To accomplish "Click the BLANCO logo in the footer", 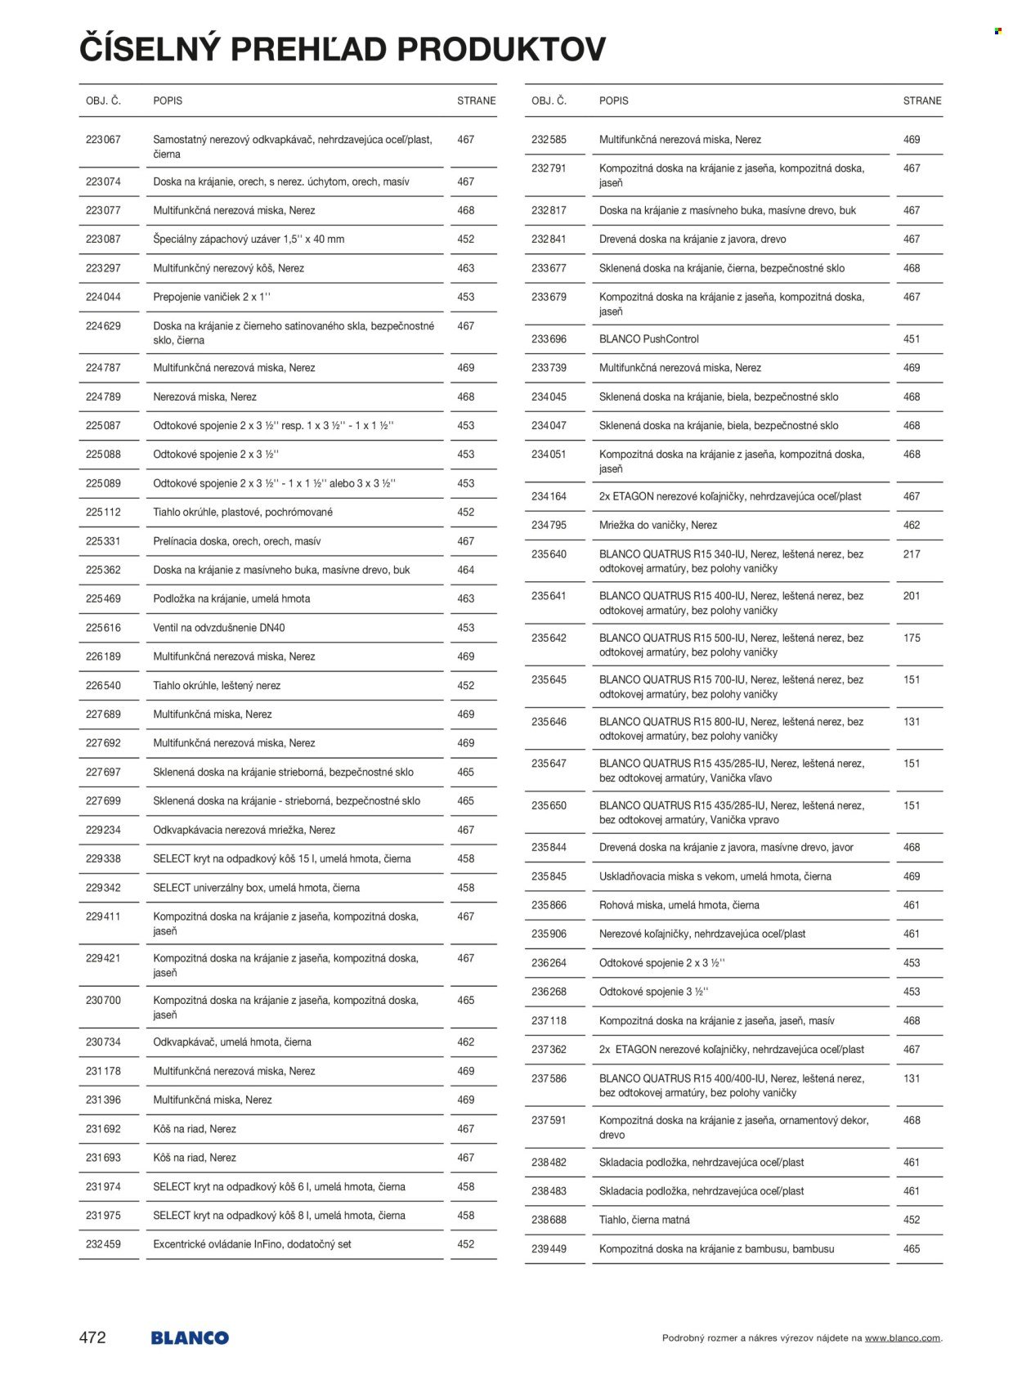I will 190,1337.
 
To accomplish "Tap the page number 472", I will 92,1337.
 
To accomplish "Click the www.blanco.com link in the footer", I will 903,1338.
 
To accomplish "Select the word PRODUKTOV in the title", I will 501,49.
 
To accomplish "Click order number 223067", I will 103,140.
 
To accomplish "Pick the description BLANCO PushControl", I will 649,339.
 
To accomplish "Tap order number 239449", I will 549,1249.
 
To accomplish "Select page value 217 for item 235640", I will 912,554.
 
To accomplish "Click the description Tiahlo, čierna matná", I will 644,1220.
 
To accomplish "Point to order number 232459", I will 103,1244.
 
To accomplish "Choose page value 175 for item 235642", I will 912,638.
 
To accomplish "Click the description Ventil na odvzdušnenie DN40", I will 219,628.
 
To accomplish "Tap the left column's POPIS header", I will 168,101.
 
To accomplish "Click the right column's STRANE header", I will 922,101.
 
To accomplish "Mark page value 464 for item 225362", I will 466,570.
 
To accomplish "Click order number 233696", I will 549,339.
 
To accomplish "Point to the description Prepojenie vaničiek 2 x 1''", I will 212,297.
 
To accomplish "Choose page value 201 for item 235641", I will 912,596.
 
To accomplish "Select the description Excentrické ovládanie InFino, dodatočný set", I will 253,1244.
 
